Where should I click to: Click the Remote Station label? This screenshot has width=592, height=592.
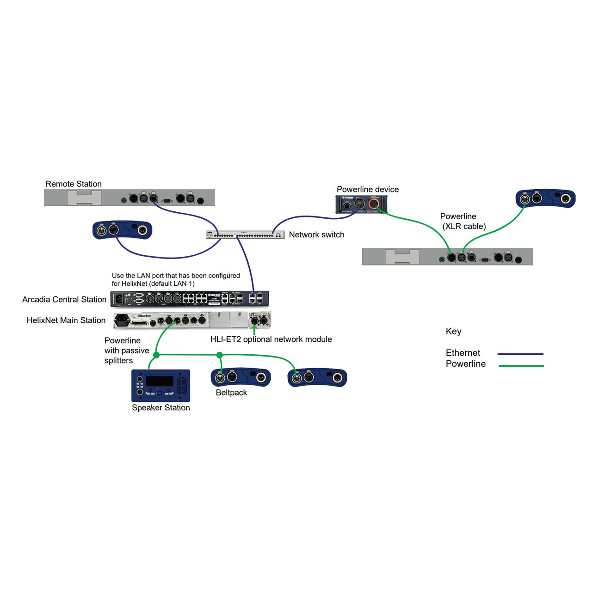point(74,184)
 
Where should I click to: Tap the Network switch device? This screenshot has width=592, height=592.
point(245,235)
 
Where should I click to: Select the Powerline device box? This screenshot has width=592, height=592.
point(361,204)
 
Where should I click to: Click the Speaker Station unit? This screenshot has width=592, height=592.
point(160,385)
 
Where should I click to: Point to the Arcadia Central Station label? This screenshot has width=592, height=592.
point(64,300)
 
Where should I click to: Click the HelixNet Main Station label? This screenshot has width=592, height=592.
point(66,320)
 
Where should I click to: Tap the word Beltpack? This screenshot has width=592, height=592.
point(231,393)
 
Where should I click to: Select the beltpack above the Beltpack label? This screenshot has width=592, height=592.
point(240,377)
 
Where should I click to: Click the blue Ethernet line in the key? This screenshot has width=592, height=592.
point(520,354)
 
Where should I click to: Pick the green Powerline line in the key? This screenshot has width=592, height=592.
point(521,366)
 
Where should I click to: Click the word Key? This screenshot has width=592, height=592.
point(453,332)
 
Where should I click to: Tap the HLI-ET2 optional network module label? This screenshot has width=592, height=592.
point(271,339)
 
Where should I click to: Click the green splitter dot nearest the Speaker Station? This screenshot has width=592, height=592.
point(156,355)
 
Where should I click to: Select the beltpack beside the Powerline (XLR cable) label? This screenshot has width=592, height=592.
point(545,198)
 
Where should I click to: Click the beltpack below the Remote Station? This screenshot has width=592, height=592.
point(122,230)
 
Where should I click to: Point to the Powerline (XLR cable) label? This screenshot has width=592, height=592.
point(462,222)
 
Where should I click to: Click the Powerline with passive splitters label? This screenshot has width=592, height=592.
point(126,351)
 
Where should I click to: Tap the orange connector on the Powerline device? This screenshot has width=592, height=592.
point(374,203)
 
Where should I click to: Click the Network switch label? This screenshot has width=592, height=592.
point(316,235)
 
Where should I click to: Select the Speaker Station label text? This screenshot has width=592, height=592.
point(160,407)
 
